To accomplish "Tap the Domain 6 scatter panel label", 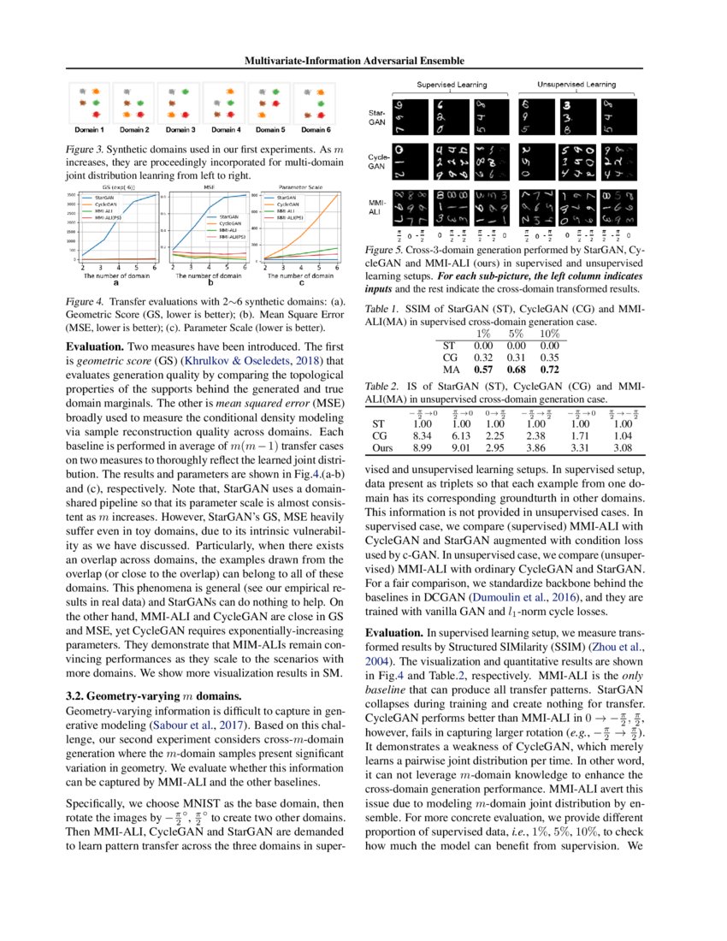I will pyautogui.click(x=314, y=129).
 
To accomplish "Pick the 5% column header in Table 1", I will pyautogui.click(x=516, y=333).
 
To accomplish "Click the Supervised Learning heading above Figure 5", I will pyautogui.click(x=452, y=85).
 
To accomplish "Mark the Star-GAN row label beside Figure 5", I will pyautogui.click(x=376, y=118).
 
